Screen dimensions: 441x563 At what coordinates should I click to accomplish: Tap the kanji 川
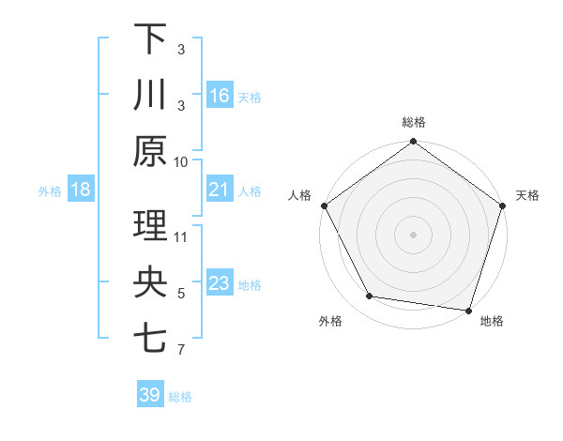tap(150, 95)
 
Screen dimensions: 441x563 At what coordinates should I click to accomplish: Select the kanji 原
tap(150, 151)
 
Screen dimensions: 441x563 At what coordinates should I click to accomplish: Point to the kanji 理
tap(150, 226)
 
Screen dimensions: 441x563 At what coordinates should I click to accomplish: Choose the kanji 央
tap(150, 282)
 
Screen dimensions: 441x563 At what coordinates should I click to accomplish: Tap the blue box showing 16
tap(220, 95)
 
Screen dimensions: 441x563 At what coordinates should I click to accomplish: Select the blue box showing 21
tap(220, 190)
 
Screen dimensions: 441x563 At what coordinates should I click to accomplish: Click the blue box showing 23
tap(220, 283)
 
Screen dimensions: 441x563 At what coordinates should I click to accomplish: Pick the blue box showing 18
tap(81, 190)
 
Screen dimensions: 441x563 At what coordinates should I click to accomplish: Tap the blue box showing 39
tap(150, 395)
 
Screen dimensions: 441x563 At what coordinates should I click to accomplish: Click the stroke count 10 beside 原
tap(181, 161)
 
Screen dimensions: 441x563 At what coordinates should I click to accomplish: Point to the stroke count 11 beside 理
tap(181, 236)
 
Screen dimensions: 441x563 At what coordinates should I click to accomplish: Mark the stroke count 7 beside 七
tap(181, 350)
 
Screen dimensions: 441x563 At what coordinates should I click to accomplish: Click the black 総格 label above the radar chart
tap(413, 123)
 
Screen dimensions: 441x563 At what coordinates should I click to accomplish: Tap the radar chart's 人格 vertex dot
tap(324, 205)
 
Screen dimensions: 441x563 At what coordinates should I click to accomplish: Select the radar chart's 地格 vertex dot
tap(468, 310)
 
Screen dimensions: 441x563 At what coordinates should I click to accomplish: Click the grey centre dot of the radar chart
tap(413, 234)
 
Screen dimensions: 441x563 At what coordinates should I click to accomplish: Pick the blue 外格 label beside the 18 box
tap(50, 190)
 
